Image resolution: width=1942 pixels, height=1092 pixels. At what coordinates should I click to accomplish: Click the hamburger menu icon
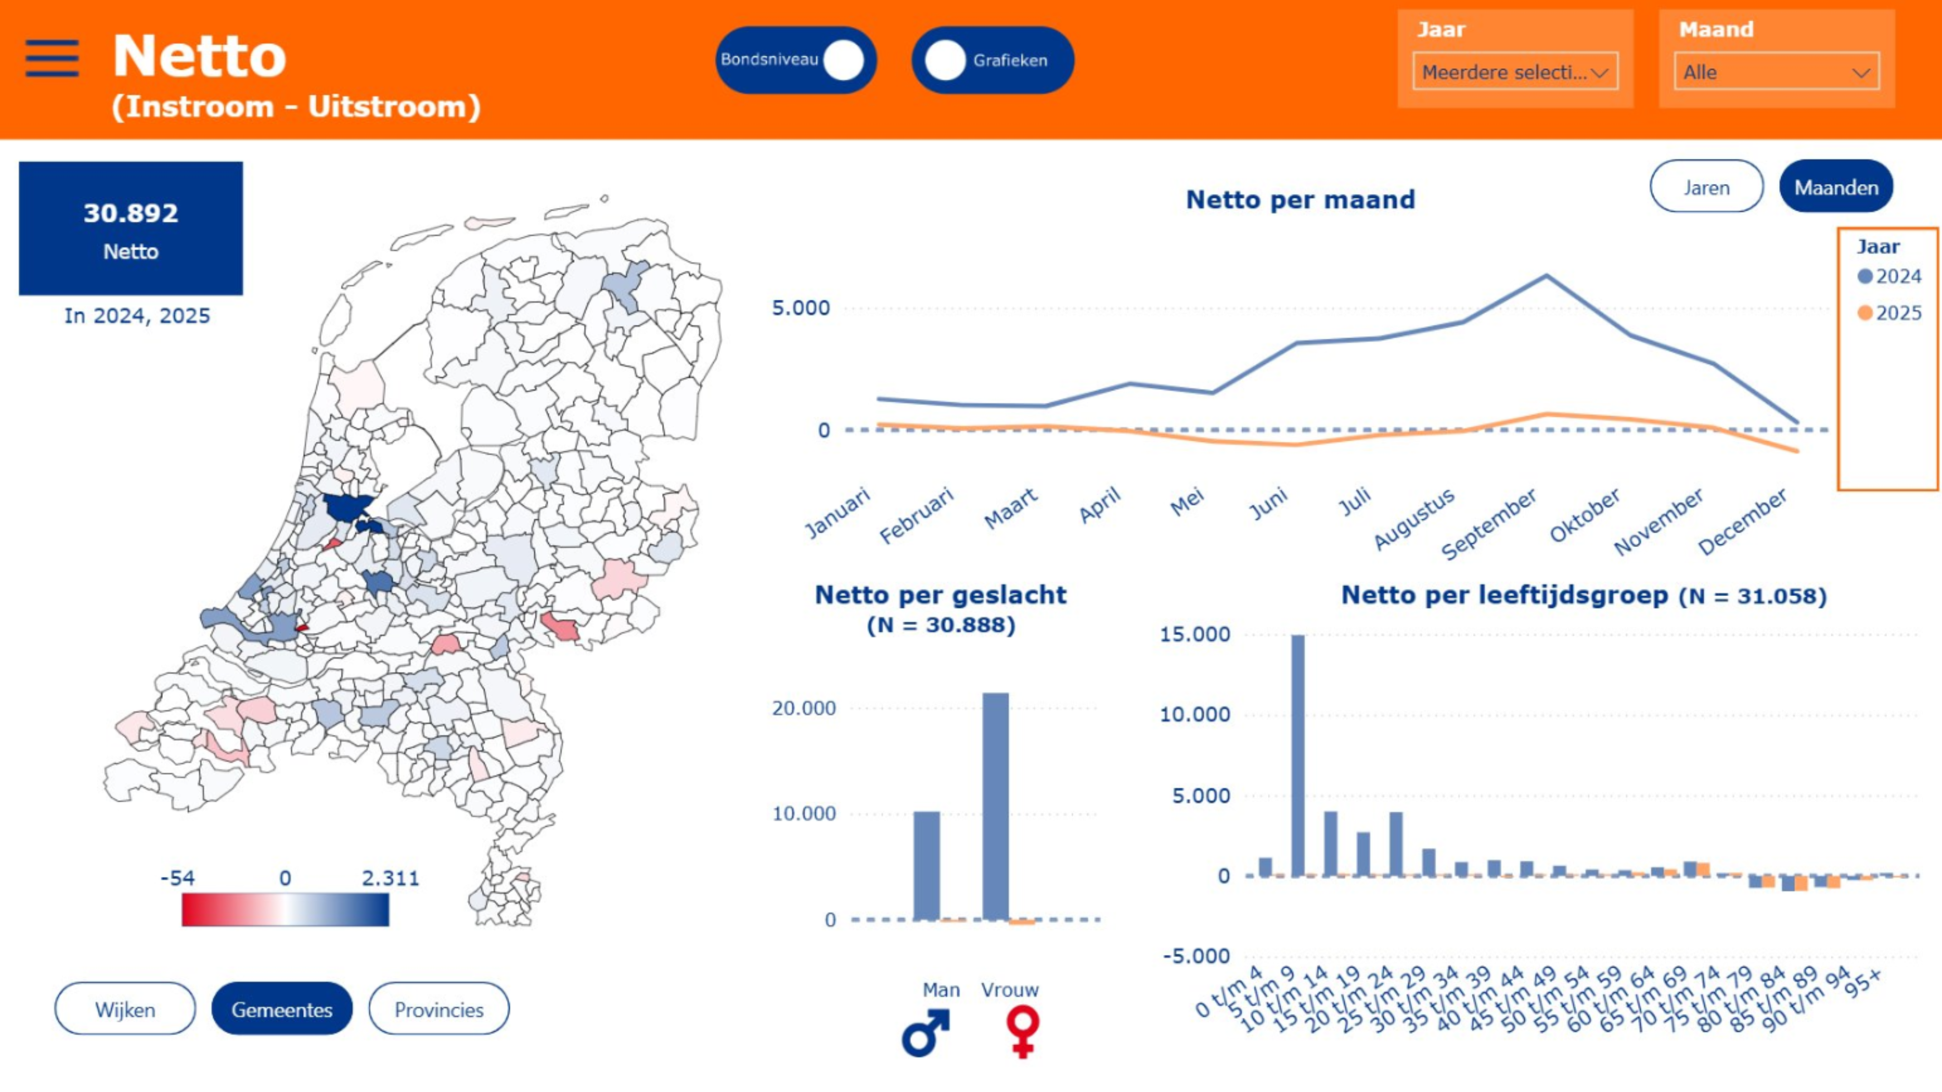[52, 58]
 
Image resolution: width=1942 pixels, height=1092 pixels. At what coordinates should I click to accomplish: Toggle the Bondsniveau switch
[796, 60]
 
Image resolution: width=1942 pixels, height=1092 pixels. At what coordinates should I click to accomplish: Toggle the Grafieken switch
[992, 60]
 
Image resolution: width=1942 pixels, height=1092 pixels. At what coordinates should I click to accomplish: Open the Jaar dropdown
[1515, 72]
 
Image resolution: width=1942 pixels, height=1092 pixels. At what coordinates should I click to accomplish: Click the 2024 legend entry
[1889, 277]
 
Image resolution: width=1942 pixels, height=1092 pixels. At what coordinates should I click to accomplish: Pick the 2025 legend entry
[1889, 313]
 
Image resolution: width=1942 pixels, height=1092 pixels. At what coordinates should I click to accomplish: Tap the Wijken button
[125, 1009]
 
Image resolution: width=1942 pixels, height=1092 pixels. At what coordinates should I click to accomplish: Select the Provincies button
[439, 1009]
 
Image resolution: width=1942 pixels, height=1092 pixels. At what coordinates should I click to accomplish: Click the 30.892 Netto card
[131, 229]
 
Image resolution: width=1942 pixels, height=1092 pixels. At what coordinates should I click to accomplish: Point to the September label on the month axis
[1489, 524]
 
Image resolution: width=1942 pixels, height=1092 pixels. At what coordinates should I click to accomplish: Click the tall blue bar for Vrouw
[995, 806]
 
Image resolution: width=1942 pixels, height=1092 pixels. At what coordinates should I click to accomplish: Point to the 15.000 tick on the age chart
[1195, 634]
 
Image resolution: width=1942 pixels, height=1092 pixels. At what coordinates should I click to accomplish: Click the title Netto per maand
[1300, 200]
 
